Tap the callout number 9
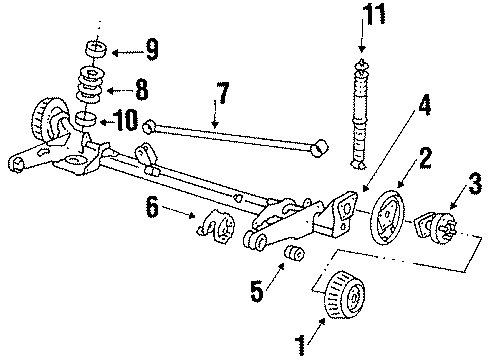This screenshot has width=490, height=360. [x=152, y=47]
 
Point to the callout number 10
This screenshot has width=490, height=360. [x=126, y=122]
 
